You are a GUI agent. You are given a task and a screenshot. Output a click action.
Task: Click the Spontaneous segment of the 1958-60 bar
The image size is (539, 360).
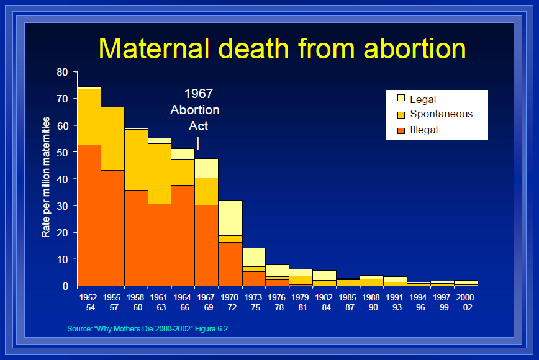[x=136, y=160]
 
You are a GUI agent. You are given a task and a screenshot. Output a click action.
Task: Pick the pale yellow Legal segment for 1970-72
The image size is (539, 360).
[x=230, y=218]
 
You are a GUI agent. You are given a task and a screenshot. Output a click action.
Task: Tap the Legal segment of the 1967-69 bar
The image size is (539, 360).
[x=206, y=168]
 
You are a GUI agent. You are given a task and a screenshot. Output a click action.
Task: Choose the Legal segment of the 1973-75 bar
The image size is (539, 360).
[x=253, y=257]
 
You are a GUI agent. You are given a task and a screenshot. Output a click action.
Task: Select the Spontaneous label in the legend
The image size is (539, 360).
[x=441, y=114]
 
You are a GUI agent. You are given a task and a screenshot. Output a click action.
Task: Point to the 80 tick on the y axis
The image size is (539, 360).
[x=62, y=72]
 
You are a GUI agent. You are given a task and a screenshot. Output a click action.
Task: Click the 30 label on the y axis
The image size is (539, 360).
[x=62, y=205]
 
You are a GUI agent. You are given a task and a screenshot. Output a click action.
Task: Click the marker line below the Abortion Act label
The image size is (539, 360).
[x=198, y=143]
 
